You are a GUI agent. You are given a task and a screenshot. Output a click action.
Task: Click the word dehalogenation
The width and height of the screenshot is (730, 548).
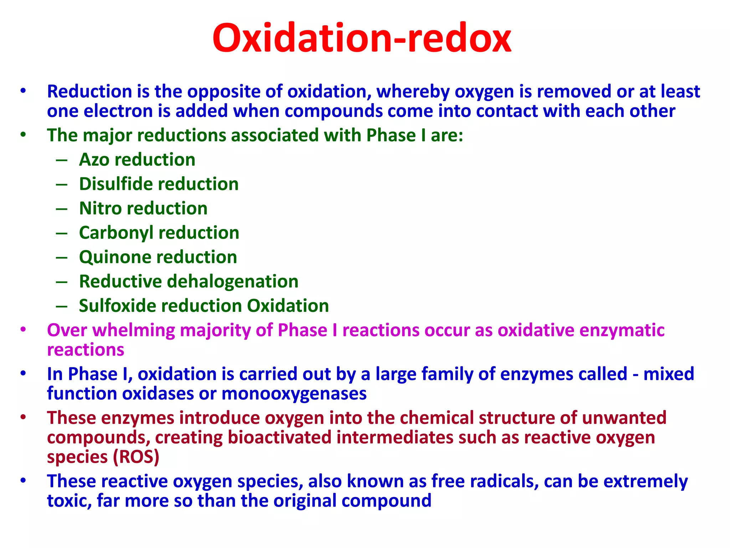click(x=232, y=281)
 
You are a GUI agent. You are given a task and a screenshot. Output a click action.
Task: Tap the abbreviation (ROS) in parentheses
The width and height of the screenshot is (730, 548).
click(x=136, y=457)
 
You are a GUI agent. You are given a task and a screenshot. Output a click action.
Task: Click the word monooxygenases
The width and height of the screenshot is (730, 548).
click(x=294, y=394)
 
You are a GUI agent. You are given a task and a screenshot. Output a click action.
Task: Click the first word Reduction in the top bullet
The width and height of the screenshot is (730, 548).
click(x=89, y=92)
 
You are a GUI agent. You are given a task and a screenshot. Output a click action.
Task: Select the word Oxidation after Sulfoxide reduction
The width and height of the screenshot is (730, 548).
click(x=288, y=306)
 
